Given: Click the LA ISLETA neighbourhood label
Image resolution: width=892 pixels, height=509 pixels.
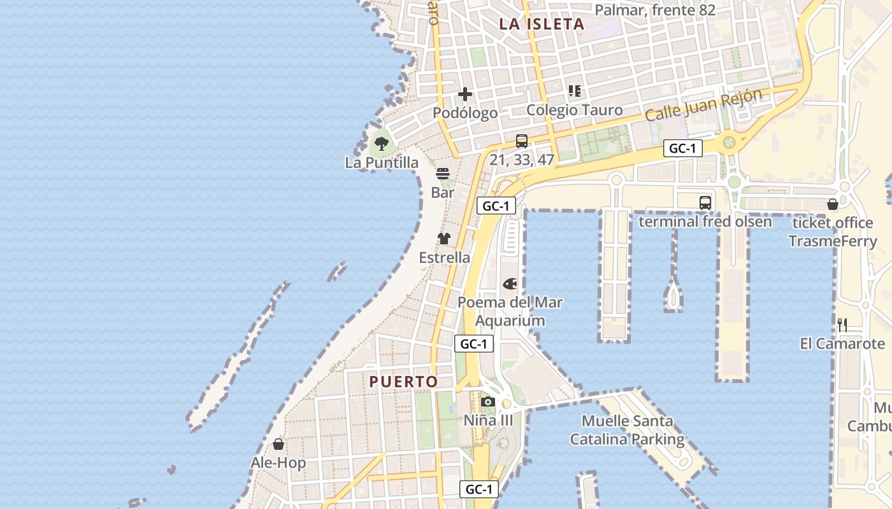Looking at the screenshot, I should [x=542, y=24].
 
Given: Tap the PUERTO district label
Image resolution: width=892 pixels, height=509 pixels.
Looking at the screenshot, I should [x=404, y=382].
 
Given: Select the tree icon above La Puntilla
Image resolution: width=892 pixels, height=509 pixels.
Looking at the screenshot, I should [x=382, y=143].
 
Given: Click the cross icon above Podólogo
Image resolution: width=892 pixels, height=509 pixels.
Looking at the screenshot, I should [x=465, y=94].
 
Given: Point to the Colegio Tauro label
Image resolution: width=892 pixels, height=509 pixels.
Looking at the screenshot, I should [x=574, y=110].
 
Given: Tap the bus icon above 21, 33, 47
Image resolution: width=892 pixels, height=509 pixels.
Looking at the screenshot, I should [x=522, y=141].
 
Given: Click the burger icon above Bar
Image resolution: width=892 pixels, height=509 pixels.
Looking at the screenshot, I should [x=443, y=173].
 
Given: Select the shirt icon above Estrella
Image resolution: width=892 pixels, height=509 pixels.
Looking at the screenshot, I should [x=444, y=239].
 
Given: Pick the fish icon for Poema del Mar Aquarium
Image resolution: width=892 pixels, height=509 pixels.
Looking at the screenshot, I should [x=510, y=283].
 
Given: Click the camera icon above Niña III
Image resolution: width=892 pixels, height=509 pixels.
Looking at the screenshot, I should [x=488, y=401].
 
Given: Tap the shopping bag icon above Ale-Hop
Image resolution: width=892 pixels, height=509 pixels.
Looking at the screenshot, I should [x=278, y=443].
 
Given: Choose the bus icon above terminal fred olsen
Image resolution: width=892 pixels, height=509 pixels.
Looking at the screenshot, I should [x=705, y=203].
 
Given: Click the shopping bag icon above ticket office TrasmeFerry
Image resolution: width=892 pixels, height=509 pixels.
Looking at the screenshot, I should [x=832, y=204].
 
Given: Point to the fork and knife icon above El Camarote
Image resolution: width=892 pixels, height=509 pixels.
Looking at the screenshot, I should [x=842, y=324].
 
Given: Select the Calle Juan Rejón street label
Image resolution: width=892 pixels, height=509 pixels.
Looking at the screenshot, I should [x=703, y=106].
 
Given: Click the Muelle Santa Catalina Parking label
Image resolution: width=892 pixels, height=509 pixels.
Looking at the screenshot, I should [x=627, y=430].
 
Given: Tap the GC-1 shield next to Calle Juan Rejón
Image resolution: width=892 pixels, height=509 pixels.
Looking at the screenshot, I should [x=682, y=149].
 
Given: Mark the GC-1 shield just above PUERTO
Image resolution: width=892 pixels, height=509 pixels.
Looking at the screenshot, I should [x=474, y=344].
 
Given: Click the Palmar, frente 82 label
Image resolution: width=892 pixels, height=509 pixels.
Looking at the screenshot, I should [x=655, y=10].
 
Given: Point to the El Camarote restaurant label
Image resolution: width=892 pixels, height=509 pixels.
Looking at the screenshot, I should [x=842, y=344].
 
